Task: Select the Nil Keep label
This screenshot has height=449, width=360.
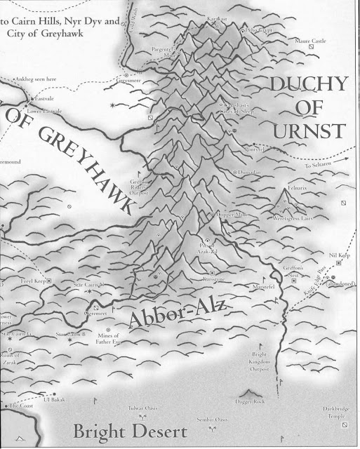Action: tap(338, 255)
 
